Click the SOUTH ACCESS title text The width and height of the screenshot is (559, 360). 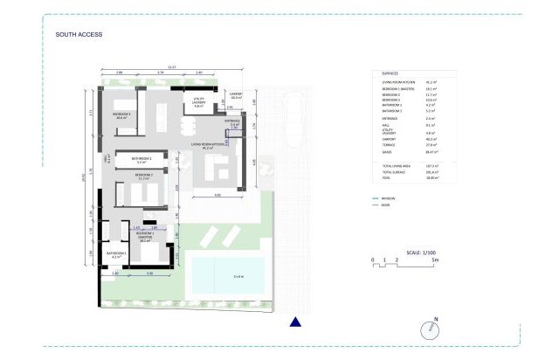pos(79,35)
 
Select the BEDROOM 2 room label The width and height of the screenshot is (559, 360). pos(143,177)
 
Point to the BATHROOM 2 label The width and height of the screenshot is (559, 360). pos(142,160)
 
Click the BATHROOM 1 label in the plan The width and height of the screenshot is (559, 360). pos(118,254)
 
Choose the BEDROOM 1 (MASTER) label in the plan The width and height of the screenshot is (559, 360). pos(145,235)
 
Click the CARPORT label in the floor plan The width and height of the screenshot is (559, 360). pos(235,94)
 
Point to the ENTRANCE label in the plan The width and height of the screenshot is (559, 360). pos(232,123)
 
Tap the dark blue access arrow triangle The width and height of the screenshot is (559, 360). pos(295,322)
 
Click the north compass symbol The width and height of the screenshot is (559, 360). pos(428,329)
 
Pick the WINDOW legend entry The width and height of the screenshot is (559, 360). pos(387,198)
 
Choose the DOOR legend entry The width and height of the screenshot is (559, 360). pos(384,206)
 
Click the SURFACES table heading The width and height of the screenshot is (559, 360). pos(391,73)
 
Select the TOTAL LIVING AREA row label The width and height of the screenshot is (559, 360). pos(398,165)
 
